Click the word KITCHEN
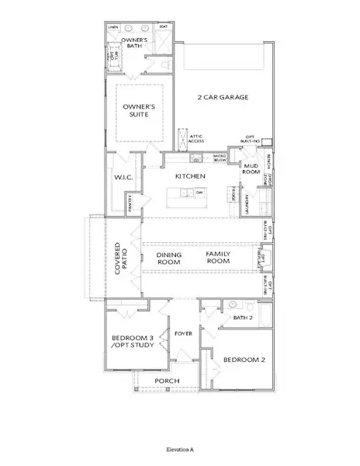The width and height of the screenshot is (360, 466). tap(189, 177)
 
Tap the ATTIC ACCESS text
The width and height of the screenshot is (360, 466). tap(196, 139)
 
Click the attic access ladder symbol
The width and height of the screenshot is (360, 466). tap(184, 137)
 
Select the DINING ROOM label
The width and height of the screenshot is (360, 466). tap(168, 258)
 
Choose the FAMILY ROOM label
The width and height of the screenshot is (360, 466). tap(218, 258)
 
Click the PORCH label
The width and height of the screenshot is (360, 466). tap(168, 381)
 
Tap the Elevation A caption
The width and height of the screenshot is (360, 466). tap(180, 449)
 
